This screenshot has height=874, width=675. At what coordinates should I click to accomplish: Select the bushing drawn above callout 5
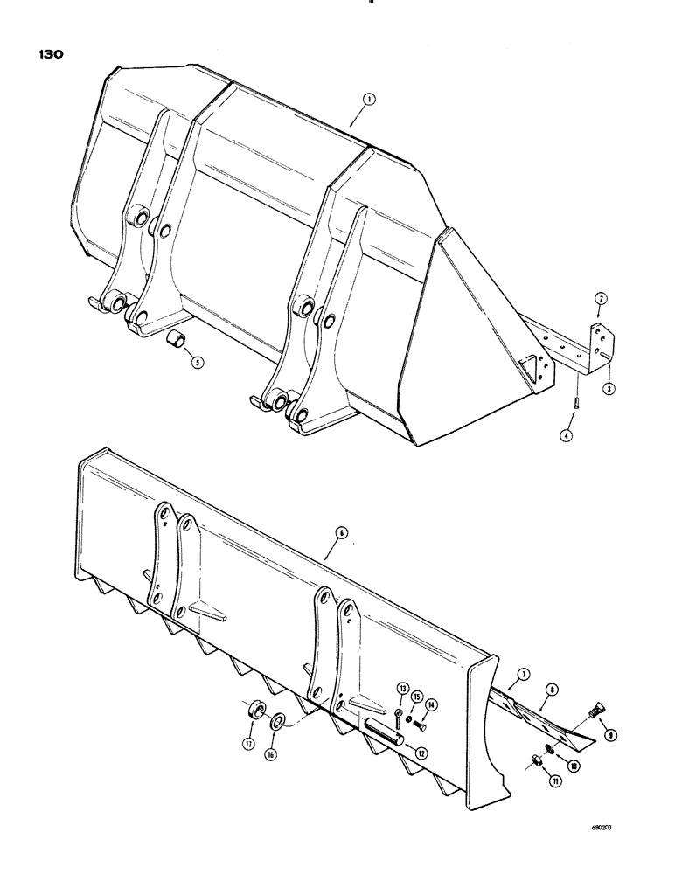[176, 338]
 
